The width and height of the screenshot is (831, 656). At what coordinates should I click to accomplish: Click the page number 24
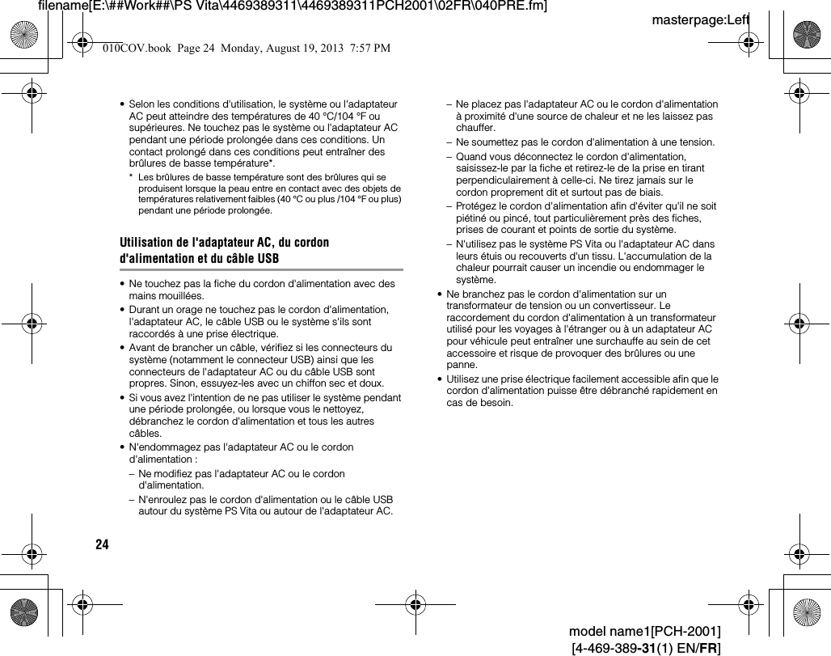coord(102,544)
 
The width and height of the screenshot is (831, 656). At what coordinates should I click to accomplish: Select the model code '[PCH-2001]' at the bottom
coord(692,631)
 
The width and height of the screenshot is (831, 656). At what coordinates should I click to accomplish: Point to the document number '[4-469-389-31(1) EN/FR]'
coord(646,648)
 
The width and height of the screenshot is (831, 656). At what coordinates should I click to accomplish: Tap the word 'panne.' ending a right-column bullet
coord(462,365)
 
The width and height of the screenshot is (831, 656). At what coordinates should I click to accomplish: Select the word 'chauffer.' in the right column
coord(476,128)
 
